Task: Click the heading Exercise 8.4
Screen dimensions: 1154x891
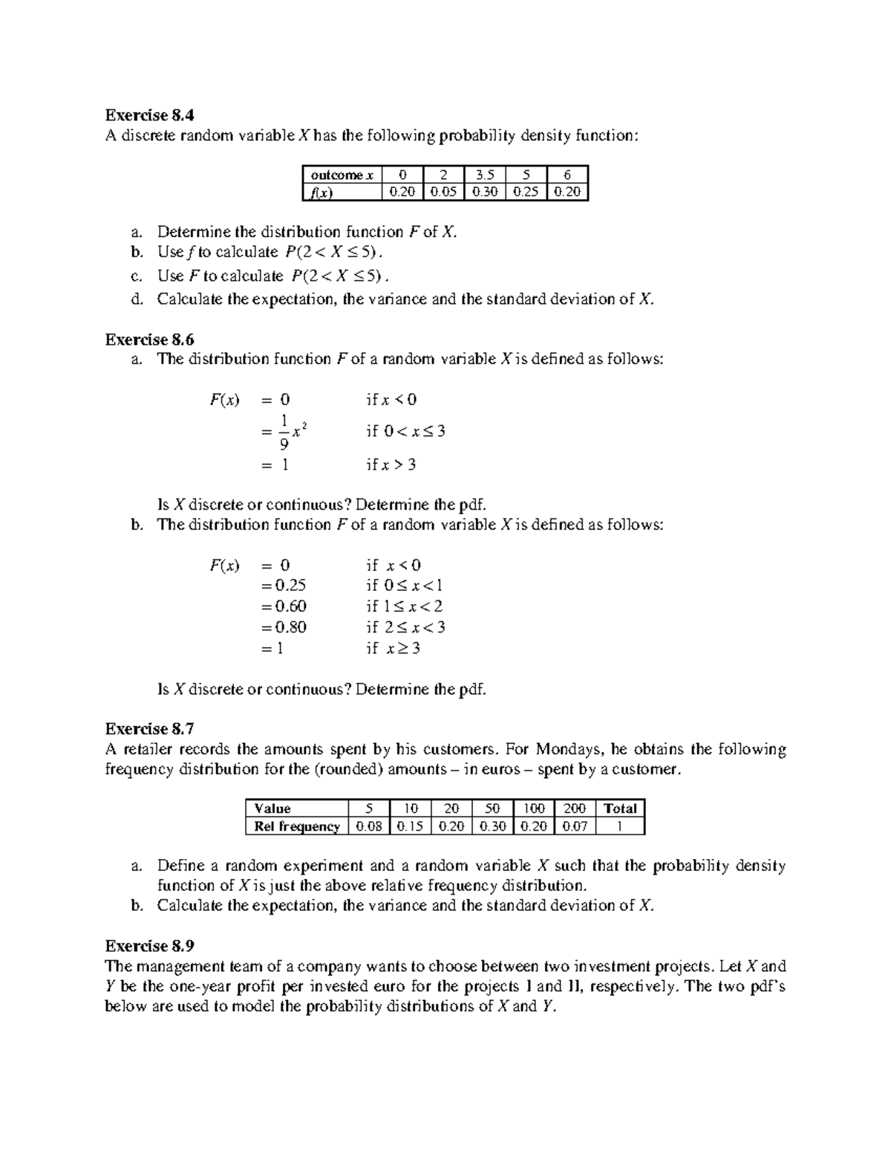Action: click(x=149, y=115)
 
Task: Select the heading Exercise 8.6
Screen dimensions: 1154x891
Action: click(x=149, y=340)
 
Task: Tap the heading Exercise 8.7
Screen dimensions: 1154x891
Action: click(x=149, y=728)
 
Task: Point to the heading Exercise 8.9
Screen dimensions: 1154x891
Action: click(x=149, y=946)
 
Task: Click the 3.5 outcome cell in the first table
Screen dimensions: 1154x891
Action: click(x=483, y=175)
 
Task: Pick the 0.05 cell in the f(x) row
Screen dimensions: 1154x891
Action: click(x=443, y=192)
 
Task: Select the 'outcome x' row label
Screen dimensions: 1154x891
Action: click(x=341, y=175)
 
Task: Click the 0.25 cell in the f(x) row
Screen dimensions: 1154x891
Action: click(x=526, y=192)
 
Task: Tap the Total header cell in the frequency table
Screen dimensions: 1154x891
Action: click(x=620, y=808)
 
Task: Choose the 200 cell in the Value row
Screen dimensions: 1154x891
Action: click(x=574, y=808)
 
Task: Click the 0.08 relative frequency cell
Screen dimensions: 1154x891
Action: click(x=369, y=826)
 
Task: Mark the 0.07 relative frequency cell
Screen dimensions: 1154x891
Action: click(x=574, y=826)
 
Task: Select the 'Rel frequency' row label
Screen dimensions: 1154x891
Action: click(x=296, y=826)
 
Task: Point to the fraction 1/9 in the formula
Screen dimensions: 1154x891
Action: click(x=284, y=432)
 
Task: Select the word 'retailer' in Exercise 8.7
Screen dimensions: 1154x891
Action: click(x=148, y=749)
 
